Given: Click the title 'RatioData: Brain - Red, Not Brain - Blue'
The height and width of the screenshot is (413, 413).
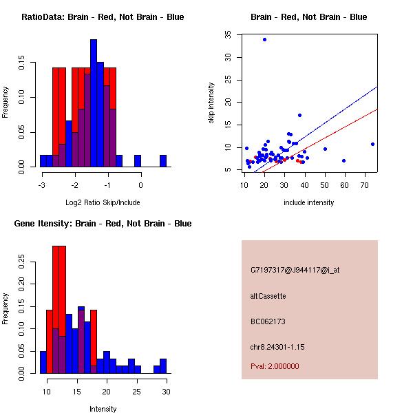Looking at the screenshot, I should click(103, 17).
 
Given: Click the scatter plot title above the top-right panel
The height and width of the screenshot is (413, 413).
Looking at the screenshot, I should click(308, 17).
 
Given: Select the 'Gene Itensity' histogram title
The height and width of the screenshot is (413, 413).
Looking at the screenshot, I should click(103, 224).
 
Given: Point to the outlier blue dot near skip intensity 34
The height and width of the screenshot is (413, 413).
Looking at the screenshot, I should click(264, 39).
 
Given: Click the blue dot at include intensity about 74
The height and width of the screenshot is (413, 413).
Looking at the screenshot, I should click(372, 144).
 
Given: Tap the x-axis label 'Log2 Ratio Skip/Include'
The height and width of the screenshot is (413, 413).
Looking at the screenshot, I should click(103, 202).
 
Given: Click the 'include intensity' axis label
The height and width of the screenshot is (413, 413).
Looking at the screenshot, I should click(309, 202).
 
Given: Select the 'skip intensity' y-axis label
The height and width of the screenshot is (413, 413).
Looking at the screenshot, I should click(212, 103).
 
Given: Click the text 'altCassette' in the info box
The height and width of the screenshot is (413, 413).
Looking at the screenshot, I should click(268, 296).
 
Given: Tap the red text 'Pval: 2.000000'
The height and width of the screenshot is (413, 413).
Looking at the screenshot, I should click(275, 366).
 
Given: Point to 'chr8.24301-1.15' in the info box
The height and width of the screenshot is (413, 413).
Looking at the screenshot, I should click(277, 346).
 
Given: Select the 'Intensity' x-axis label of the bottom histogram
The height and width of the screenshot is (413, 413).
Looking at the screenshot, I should click(103, 409).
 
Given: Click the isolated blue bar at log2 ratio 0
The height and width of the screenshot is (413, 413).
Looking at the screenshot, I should click(138, 161).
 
